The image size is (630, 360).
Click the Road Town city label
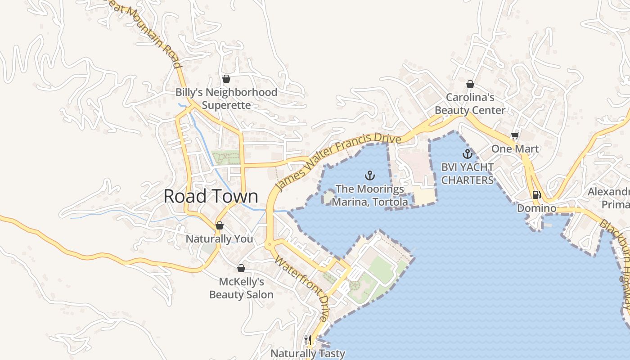(x=211, y=197)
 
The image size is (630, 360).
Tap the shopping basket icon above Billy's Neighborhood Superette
(x=226, y=79)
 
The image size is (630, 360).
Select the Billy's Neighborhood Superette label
(x=226, y=99)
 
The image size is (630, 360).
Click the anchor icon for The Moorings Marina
(x=370, y=175)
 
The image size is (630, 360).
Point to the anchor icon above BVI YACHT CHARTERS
(x=468, y=154)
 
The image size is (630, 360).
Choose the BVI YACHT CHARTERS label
(x=468, y=174)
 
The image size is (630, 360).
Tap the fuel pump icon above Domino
(x=536, y=195)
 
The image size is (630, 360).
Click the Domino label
(x=536, y=208)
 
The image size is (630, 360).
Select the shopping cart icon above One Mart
(x=515, y=136)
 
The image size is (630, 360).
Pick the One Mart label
(x=515, y=148)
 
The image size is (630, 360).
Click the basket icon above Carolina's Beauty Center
(x=470, y=84)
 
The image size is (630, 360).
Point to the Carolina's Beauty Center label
(x=470, y=103)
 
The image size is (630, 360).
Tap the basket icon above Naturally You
(x=220, y=225)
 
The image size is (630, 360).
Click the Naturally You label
(x=220, y=239)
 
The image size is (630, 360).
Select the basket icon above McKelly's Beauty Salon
(x=241, y=268)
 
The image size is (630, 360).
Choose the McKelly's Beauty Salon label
(x=241, y=288)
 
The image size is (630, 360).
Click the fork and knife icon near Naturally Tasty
(x=308, y=340)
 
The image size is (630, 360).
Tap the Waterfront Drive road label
(x=301, y=288)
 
